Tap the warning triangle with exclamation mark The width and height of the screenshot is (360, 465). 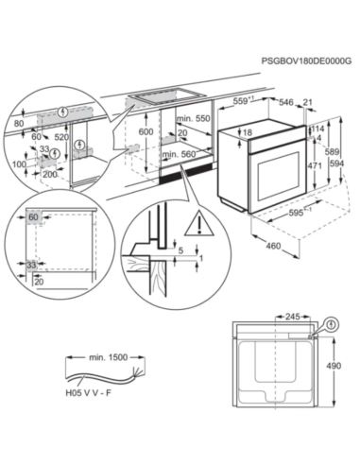pos(198,224)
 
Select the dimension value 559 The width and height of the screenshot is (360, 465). pos(245,101)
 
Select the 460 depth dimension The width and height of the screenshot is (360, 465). pos(273,248)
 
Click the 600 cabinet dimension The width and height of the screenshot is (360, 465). pos(145,133)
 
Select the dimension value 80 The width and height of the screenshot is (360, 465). pos(20,123)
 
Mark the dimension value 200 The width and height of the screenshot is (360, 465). pos(49,176)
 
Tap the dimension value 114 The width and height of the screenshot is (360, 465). pos(317,129)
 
